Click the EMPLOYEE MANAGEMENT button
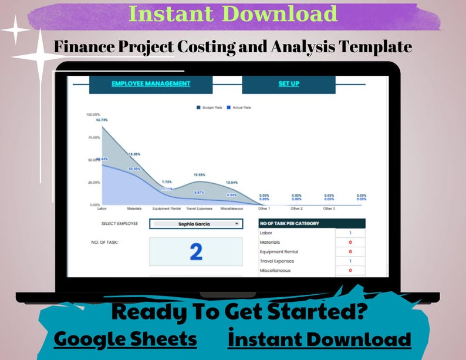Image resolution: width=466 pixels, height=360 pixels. click(151, 84)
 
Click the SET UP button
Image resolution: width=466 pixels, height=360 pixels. click(289, 84)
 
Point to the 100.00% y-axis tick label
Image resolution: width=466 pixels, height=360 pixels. click(93, 115)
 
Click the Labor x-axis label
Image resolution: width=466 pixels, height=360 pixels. click(102, 208)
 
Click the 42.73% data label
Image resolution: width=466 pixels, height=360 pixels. click(103, 120)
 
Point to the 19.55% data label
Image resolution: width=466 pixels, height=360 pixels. click(200, 174)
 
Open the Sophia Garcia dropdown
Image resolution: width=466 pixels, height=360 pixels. click(196, 224)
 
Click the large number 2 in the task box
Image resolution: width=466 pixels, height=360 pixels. click(196, 251)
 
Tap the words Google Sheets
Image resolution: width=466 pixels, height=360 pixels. click(125, 339)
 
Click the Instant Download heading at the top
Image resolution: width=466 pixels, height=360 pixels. click(233, 14)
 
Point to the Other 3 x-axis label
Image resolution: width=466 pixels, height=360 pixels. click(329, 208)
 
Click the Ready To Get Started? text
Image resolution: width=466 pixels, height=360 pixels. click(239, 312)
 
